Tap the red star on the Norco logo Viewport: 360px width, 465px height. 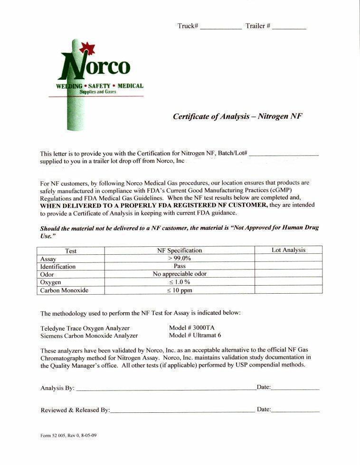(87, 48)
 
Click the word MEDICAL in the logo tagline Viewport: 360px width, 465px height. (127, 86)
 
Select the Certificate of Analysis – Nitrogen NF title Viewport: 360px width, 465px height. (237, 116)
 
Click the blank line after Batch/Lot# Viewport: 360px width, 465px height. (284, 154)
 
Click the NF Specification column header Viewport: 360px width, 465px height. (180, 250)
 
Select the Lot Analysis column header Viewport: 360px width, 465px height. (288, 250)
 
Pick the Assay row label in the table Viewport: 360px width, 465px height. (48, 259)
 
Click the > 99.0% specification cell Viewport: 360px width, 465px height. (180, 259)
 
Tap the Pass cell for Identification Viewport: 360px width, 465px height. (180, 266)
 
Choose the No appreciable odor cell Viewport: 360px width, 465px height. (180, 274)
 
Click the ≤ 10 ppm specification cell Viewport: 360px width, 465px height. (180, 290)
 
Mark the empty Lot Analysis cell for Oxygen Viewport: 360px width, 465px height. (288, 282)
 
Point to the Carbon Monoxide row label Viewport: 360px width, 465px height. (64, 290)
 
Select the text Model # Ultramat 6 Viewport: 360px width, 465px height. (195, 335)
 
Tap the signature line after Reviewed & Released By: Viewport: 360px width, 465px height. (182, 410)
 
